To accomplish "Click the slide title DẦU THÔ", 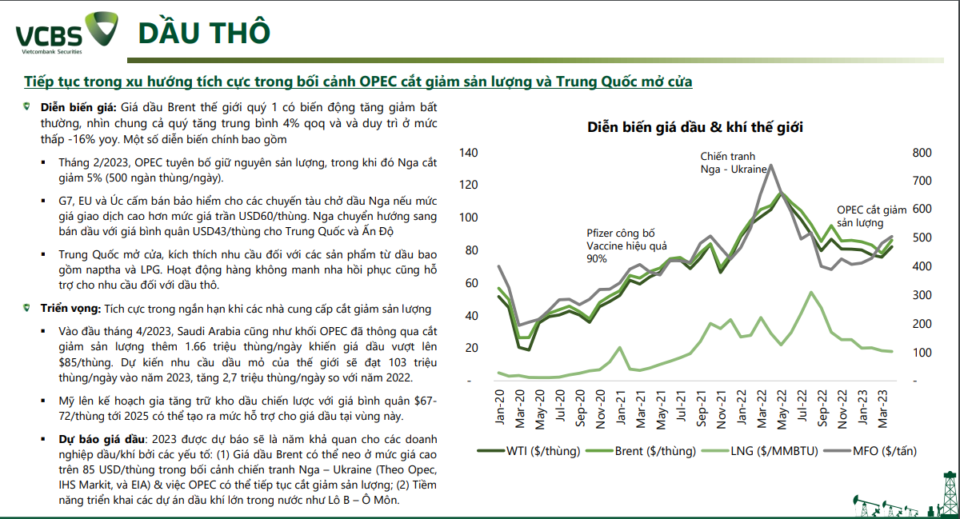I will [x=203, y=33].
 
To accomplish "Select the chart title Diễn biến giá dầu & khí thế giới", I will [x=695, y=127].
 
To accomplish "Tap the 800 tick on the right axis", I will [x=922, y=153].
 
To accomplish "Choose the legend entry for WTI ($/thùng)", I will [x=532, y=451].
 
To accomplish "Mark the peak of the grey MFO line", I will [x=770, y=166].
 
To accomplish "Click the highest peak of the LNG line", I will [x=811, y=293].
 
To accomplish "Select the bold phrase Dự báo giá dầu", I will [x=101, y=439].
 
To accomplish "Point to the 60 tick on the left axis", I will [x=470, y=283].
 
